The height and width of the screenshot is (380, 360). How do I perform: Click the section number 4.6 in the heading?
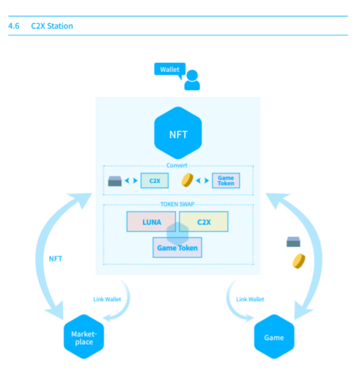point(14,26)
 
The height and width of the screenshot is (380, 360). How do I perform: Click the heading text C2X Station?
point(52,26)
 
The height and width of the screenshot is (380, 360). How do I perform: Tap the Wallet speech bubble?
point(169,70)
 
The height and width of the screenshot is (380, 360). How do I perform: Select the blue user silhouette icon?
point(192,80)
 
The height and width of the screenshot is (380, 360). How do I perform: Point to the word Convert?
point(177,165)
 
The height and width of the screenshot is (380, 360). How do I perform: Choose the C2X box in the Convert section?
point(154,180)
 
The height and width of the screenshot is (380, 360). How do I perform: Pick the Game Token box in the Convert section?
point(226,180)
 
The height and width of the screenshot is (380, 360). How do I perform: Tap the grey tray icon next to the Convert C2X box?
point(116,180)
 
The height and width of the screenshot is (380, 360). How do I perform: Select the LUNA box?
point(151,222)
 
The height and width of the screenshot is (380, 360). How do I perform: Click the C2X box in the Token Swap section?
point(203,222)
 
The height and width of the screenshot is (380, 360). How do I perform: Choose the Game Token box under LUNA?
point(177,247)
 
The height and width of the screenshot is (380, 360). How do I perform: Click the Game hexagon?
point(274,337)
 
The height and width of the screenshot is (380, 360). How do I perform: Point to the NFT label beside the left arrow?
point(55,259)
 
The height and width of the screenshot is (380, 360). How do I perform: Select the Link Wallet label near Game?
point(250,299)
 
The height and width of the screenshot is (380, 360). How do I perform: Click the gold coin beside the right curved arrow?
point(298,261)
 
